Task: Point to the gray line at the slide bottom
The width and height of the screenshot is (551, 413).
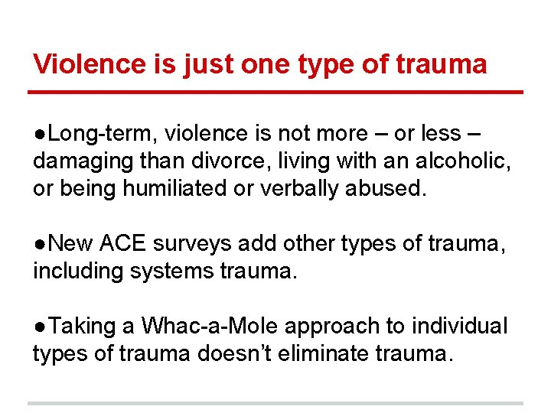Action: [x=275, y=403]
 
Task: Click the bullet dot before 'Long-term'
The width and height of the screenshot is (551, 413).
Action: [x=37, y=135]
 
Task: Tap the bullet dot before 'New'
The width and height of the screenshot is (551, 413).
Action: [x=37, y=245]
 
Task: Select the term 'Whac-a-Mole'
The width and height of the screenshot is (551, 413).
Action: [x=210, y=327]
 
